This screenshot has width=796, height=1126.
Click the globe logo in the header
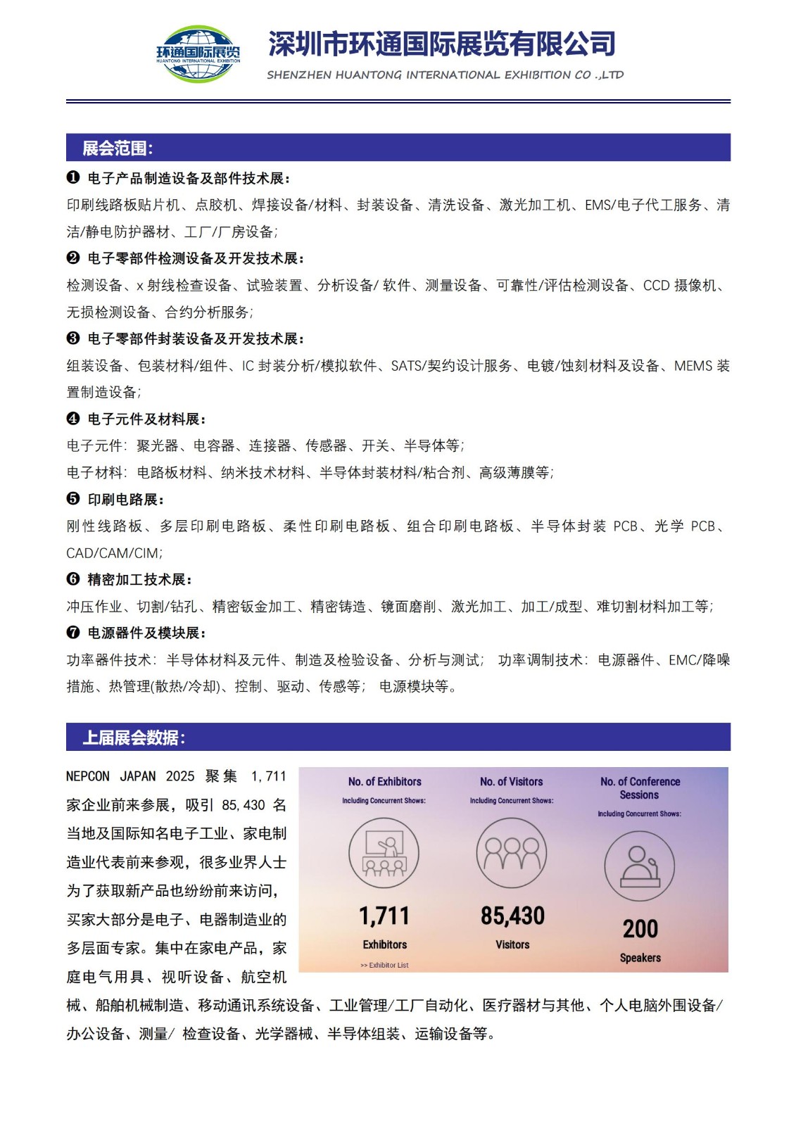(x=198, y=53)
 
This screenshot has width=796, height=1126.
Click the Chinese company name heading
(x=442, y=44)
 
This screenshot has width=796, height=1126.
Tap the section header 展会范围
(x=118, y=148)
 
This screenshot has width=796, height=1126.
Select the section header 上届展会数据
(x=134, y=738)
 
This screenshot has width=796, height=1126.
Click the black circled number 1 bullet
(x=73, y=177)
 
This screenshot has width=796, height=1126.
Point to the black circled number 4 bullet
(x=73, y=419)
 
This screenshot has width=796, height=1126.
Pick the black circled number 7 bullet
(x=73, y=633)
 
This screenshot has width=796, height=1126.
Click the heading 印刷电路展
(x=125, y=500)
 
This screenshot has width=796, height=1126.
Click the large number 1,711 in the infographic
(x=384, y=916)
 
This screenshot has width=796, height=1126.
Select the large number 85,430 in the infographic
(x=512, y=916)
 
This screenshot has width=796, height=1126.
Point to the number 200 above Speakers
(x=640, y=929)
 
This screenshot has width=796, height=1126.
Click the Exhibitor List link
(x=385, y=965)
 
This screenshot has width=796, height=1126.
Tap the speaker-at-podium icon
(x=639, y=866)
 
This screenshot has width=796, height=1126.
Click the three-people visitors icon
(x=512, y=853)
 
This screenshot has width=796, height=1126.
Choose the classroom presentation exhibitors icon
(x=384, y=853)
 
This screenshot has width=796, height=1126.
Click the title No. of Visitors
(x=512, y=782)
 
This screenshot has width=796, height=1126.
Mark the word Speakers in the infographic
(x=640, y=958)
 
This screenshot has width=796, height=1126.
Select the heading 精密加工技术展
(x=139, y=580)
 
